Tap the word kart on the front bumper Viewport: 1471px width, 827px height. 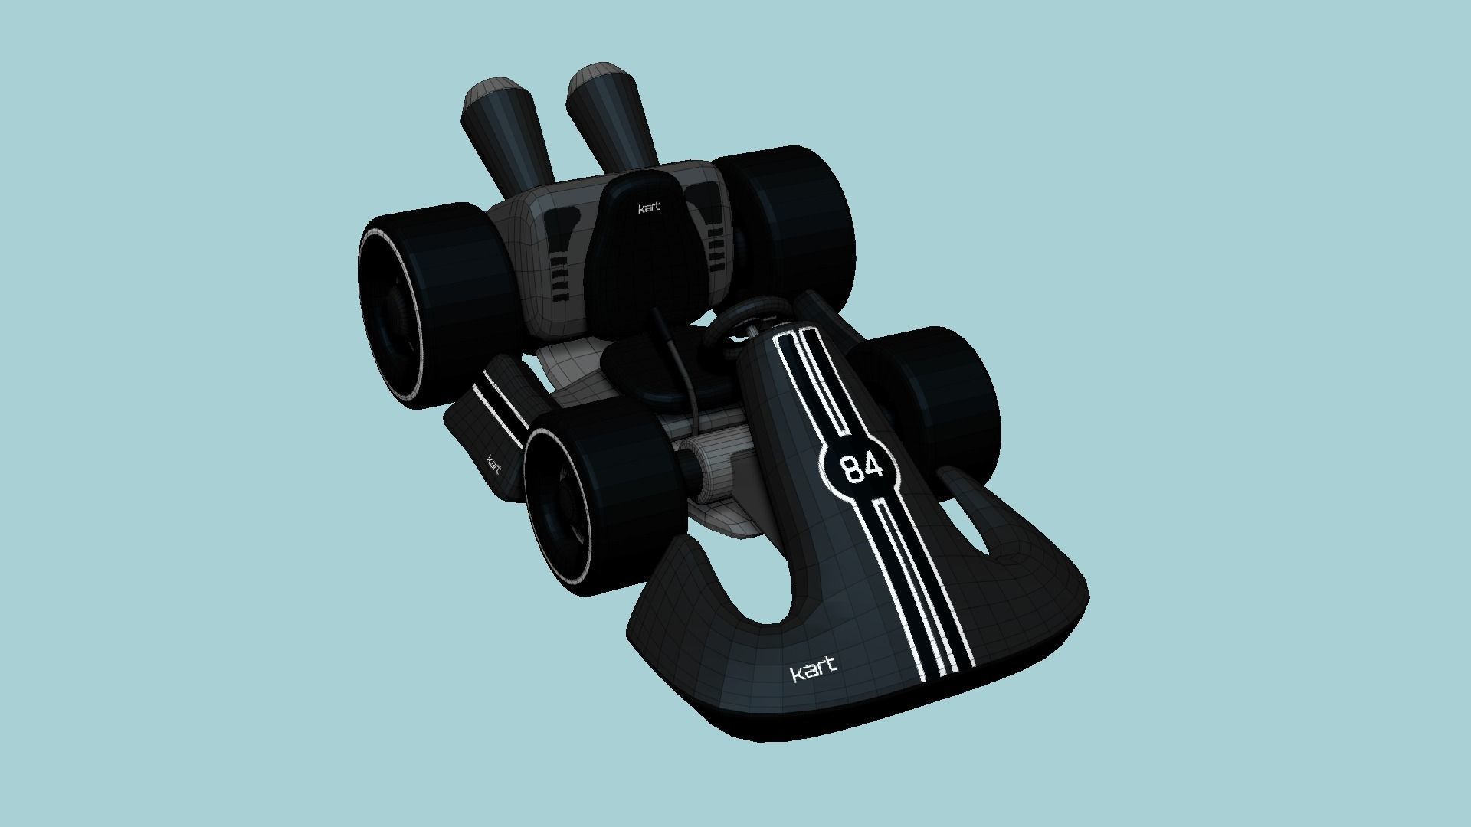point(813,672)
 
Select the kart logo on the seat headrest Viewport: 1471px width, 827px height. point(649,208)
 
